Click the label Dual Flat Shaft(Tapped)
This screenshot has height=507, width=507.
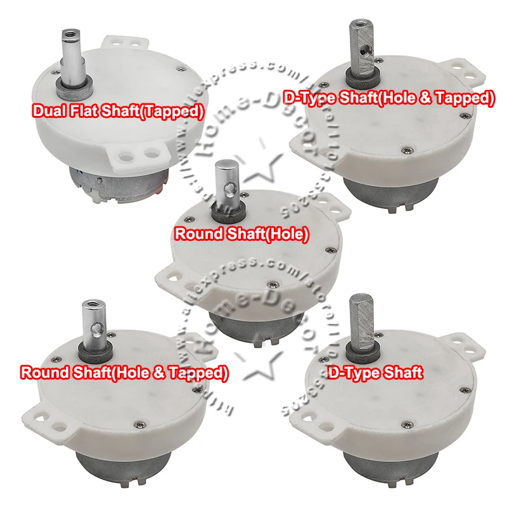pos(119,112)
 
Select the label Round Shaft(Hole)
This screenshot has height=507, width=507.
pos(241,234)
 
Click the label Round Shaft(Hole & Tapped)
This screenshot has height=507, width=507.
pos(124,373)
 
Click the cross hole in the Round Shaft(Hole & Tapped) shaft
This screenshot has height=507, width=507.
pos(96,328)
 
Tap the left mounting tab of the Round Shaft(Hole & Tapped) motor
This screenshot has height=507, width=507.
pos(49,419)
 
